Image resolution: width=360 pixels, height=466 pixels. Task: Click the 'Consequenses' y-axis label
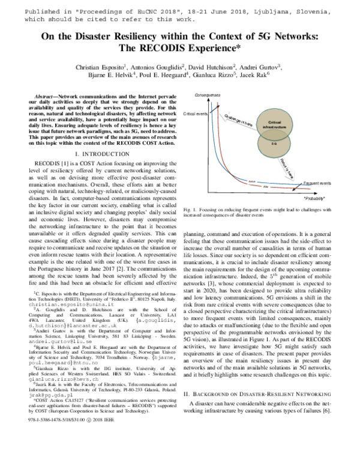tap(208, 95)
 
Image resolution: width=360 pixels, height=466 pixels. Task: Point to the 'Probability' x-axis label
tap(316, 198)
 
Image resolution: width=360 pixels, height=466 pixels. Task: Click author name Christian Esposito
tap(97, 66)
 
